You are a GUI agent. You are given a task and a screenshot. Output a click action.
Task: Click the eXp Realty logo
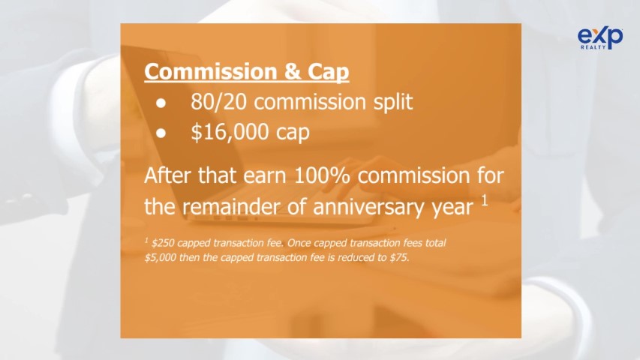(x=600, y=38)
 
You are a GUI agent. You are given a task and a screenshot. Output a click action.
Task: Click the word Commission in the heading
(x=211, y=71)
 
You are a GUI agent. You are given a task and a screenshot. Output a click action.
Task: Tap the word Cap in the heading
(x=328, y=72)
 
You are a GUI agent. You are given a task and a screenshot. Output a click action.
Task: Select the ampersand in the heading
(x=293, y=71)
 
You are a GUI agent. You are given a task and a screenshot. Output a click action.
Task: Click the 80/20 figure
(x=218, y=102)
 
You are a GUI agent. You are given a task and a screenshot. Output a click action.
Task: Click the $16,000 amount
(x=230, y=132)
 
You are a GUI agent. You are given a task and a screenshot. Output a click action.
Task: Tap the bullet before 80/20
(x=161, y=103)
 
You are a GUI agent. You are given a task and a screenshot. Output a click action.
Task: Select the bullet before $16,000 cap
(x=161, y=133)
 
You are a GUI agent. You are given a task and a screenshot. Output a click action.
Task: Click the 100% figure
(x=322, y=175)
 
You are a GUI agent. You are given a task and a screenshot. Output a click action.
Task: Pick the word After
(x=168, y=175)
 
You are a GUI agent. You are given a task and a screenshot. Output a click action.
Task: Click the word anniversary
(x=369, y=206)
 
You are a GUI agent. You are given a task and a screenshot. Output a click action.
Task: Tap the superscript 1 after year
(x=485, y=200)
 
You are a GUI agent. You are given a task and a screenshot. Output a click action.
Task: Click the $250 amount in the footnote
(x=163, y=243)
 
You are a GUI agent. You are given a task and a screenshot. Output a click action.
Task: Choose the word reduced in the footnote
(x=354, y=257)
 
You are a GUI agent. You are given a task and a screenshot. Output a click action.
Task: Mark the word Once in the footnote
(x=299, y=243)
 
